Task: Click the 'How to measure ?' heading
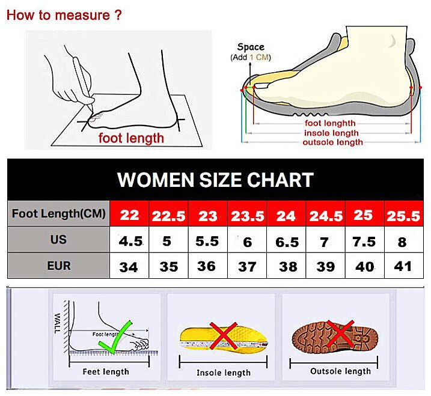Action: pyautogui.click(x=64, y=15)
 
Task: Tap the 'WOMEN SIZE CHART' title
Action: pyautogui.click(x=215, y=180)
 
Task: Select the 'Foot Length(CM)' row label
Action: pyautogui.click(x=58, y=213)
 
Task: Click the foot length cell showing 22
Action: pyautogui.click(x=129, y=215)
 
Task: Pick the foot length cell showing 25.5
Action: pyautogui.click(x=403, y=215)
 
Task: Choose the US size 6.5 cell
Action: pyautogui.click(x=287, y=242)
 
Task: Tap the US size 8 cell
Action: pyautogui.click(x=402, y=242)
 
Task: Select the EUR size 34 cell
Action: pyautogui.click(x=129, y=267)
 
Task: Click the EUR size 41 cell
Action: pyautogui.click(x=403, y=266)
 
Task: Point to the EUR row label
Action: pyautogui.click(x=58, y=265)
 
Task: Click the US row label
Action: pyautogui.click(x=58, y=240)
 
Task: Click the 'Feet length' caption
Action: pyautogui.click(x=105, y=371)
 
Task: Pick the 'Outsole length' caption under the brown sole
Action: pyautogui.click(x=340, y=371)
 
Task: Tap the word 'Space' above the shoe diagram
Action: pyautogui.click(x=251, y=47)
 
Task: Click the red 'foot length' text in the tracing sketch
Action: pyautogui.click(x=131, y=138)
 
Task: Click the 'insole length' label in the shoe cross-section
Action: pyautogui.click(x=331, y=133)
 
